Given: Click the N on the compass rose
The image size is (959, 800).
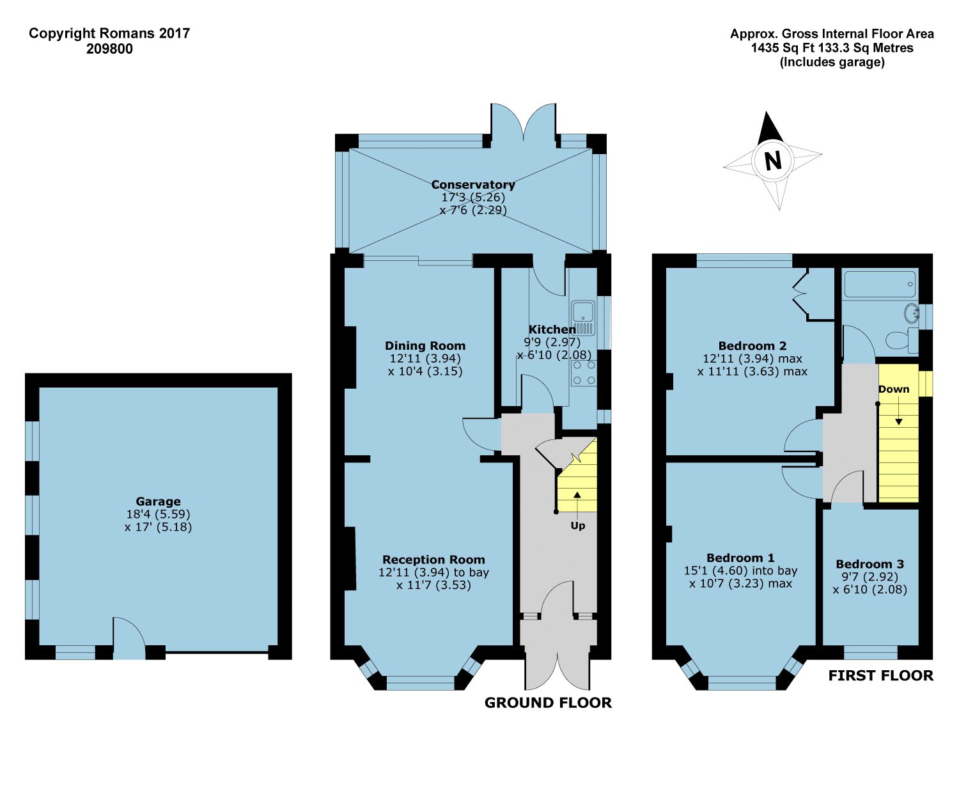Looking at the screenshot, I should click(x=773, y=160).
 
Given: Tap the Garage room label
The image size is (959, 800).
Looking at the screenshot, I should click(x=158, y=501).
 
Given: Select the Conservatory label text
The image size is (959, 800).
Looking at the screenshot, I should click(x=472, y=184).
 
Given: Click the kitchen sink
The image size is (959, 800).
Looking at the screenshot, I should click(x=583, y=313).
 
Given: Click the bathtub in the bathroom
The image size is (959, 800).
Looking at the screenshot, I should click(x=880, y=285).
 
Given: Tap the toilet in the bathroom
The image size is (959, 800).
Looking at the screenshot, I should click(x=901, y=340).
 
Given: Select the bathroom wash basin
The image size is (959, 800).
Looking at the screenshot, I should click(x=910, y=313).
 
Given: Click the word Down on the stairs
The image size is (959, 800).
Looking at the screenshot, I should click(x=893, y=389).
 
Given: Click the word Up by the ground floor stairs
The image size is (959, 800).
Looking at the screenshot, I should click(x=577, y=526).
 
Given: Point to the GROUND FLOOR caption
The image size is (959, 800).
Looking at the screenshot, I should click(x=548, y=703).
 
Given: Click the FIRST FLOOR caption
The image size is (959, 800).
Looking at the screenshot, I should click(x=880, y=675).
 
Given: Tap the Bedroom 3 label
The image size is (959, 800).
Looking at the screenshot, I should click(x=869, y=564).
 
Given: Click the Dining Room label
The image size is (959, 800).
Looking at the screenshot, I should click(x=425, y=346).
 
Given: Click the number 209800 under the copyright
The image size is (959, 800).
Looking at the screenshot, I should click(x=109, y=49).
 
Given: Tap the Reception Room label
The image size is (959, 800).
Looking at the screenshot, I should click(x=433, y=560).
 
